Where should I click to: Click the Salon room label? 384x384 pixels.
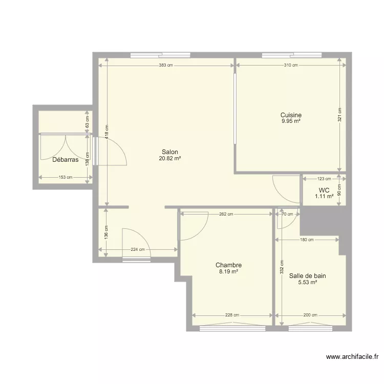tap(170, 152)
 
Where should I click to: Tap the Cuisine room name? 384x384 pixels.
tap(291, 115)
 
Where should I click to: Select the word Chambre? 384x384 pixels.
tap(228, 265)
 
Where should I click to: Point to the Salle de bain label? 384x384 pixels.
tap(308, 275)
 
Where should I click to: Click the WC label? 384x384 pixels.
tap(324, 189)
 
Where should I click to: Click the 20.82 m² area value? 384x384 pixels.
tap(170, 159)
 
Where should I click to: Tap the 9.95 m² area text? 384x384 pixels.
tap(291, 121)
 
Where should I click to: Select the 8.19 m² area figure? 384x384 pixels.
tap(228, 272)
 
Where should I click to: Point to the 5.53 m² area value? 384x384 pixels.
tap(308, 282)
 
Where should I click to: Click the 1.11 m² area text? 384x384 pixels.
tap(324, 196)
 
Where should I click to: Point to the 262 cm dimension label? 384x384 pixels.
tap(226, 215)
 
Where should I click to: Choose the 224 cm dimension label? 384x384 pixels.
tap(137, 250)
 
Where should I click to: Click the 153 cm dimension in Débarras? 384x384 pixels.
tap(65, 178)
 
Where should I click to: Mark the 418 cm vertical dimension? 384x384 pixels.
tap(106, 133)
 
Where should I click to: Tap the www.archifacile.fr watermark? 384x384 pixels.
tap(353, 357)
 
